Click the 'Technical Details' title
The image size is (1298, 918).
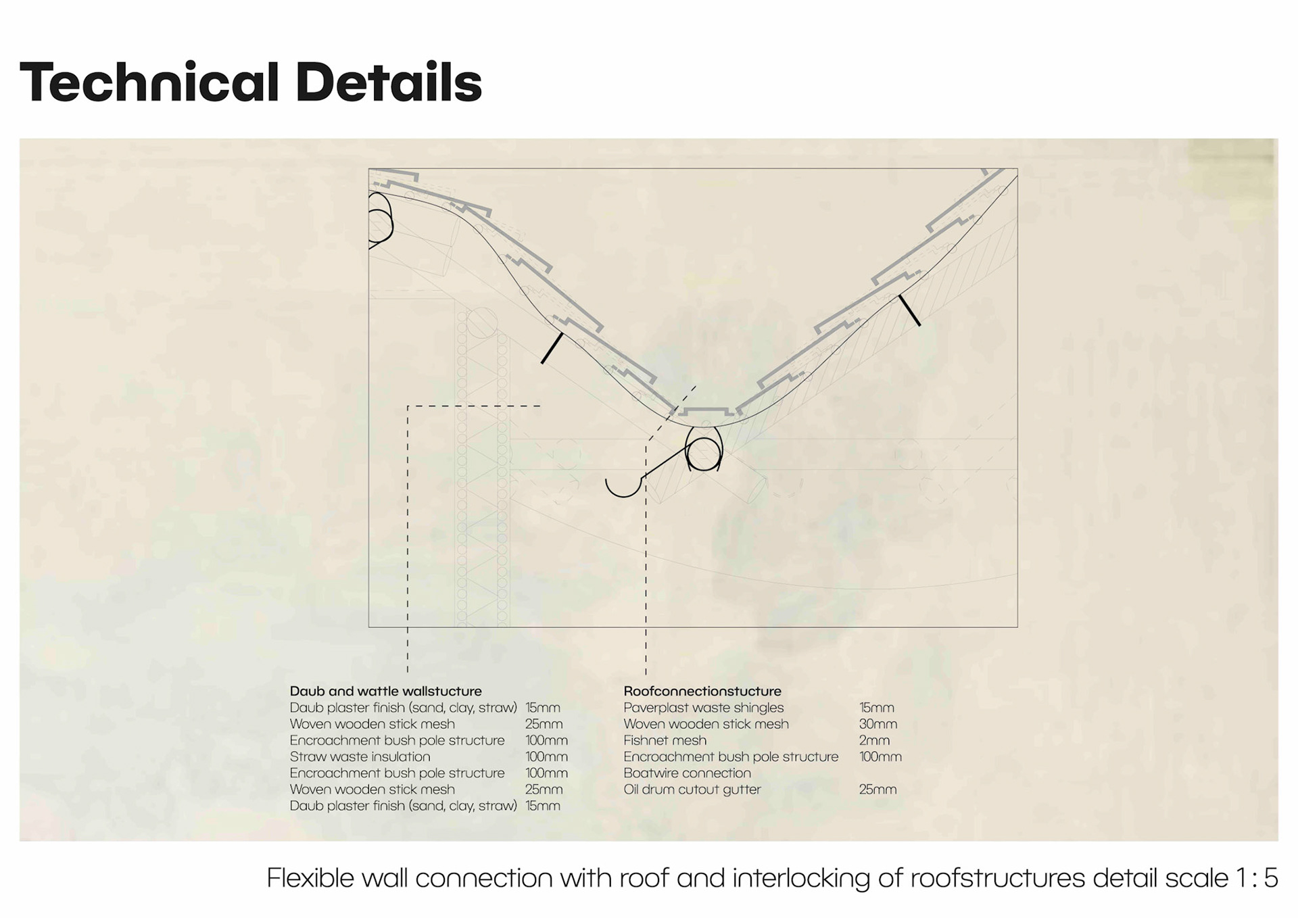coord(250,82)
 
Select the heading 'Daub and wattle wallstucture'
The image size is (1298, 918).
coord(385,691)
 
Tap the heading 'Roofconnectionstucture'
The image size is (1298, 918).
coord(702,691)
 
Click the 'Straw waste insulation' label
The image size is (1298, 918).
coord(360,756)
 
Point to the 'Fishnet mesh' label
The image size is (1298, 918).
coord(665,740)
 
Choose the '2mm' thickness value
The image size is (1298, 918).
coord(874,740)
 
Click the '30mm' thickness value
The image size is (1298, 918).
coord(878,724)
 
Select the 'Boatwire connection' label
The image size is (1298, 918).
coord(687,773)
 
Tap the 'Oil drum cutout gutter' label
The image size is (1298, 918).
coord(692,789)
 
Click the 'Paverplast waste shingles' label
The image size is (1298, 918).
coord(703,708)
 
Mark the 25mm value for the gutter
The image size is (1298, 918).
coord(878,789)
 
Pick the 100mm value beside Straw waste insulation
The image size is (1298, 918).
coord(546,756)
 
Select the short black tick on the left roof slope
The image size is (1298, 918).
coord(552,348)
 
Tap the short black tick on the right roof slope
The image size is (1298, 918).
coord(909,310)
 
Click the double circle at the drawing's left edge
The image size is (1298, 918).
coord(379,218)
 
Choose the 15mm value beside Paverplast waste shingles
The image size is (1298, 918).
coord(876,708)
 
